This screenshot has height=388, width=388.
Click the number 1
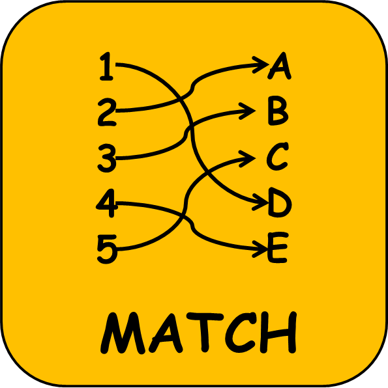point(106,66)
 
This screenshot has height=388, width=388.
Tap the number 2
point(107,112)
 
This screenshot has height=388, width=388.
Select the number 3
point(107,158)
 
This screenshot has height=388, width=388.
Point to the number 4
point(106,203)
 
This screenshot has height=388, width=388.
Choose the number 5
point(106,249)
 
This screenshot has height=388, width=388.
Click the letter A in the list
point(280,66)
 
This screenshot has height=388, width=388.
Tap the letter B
point(278,113)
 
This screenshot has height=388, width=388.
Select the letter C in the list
point(278,157)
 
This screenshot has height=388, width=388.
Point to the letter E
point(278,247)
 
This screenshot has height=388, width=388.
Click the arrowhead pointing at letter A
point(260,65)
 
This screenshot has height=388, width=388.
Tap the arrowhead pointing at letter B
point(247,111)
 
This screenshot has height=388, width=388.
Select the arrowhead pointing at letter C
point(247,158)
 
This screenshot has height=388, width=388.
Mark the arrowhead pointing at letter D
point(260,202)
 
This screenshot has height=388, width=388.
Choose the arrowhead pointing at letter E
point(260,249)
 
